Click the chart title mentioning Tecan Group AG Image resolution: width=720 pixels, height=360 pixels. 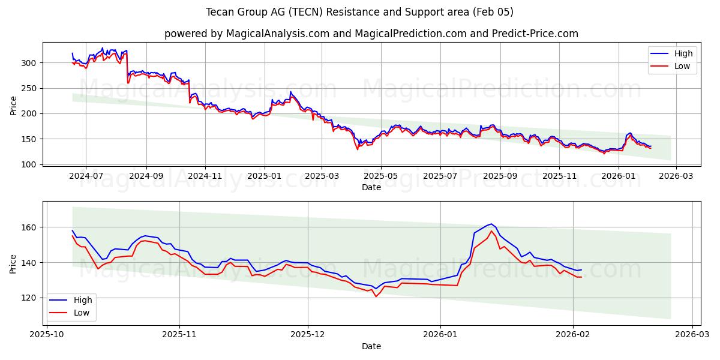[x=359, y=12]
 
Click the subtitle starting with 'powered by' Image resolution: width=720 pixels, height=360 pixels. [x=371, y=34]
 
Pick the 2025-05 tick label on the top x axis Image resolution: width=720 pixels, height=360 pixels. [x=381, y=176]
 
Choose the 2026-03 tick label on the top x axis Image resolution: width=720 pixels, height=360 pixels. [x=676, y=176]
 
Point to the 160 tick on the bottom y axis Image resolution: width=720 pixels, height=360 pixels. [x=31, y=227]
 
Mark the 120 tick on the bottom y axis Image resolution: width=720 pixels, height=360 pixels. [x=31, y=298]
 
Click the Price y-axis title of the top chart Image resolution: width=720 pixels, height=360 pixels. [x=13, y=105]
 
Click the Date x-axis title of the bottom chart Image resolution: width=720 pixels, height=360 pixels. [x=371, y=346]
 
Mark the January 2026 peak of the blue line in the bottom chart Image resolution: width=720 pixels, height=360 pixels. [x=491, y=224]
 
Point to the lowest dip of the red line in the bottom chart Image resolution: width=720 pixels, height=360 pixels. [x=376, y=296]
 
